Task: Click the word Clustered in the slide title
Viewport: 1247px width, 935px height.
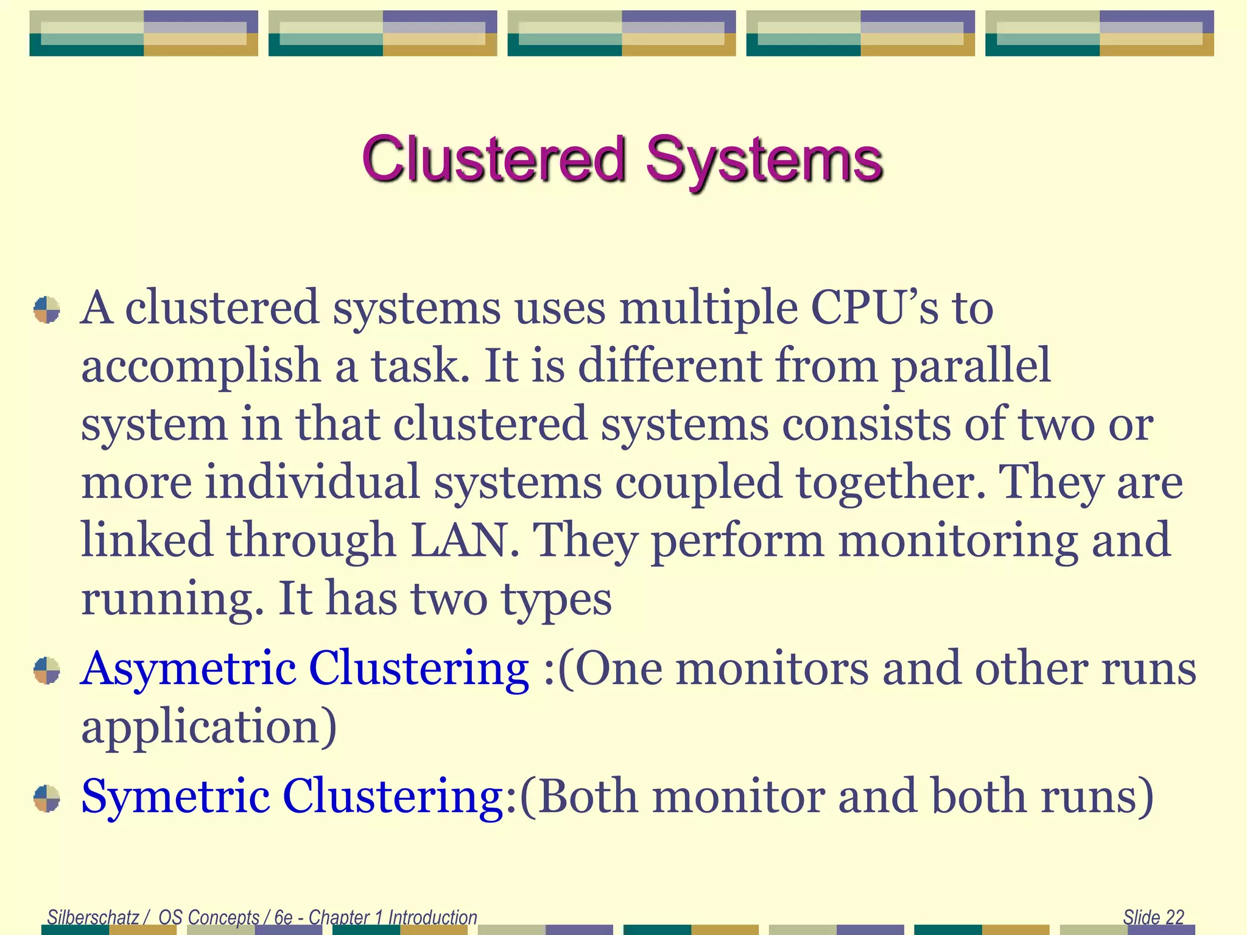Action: tap(494, 159)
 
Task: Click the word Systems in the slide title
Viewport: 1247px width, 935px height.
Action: tap(764, 159)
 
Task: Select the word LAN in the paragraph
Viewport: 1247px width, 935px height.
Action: tap(465, 540)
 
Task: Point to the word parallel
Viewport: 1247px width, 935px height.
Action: tap(972, 365)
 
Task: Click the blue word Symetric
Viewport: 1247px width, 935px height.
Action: tap(175, 796)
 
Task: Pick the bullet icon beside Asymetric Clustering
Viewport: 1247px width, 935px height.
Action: tap(47, 671)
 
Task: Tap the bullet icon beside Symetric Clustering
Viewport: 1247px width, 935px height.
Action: tap(47, 798)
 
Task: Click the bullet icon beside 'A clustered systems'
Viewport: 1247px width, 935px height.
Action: tap(47, 309)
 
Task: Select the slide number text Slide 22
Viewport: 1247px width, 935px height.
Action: tap(1153, 917)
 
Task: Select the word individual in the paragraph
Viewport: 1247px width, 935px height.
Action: tap(312, 482)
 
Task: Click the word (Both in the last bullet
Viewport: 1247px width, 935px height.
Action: tap(578, 796)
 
